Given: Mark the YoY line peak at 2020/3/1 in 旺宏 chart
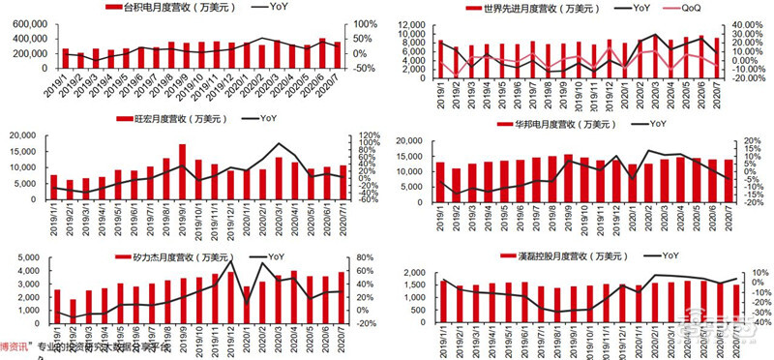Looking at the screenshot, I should click(280, 144).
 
